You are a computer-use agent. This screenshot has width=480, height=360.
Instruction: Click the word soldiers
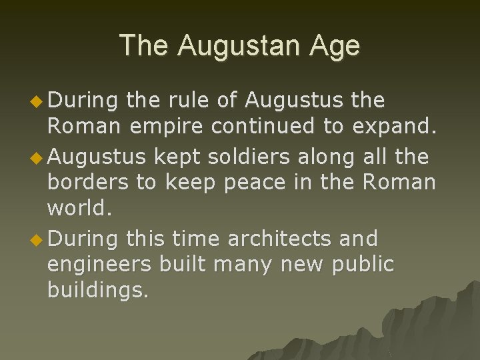[248, 157]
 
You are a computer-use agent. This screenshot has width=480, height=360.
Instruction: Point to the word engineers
[99, 264]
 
